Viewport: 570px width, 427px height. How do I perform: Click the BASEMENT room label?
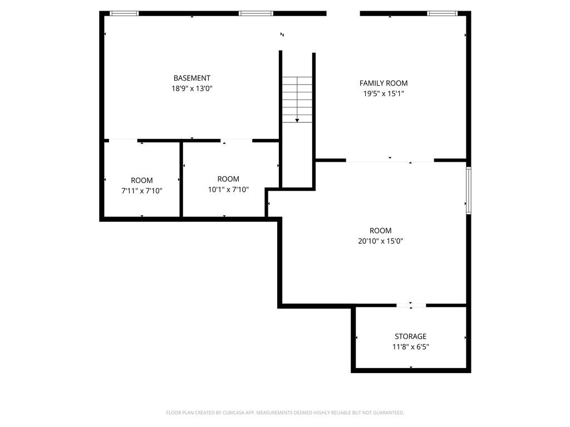coord(191,78)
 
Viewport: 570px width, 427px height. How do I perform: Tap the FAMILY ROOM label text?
coord(384,83)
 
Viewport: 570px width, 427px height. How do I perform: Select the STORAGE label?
coord(411,336)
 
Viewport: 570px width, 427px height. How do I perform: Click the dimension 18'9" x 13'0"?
coord(191,88)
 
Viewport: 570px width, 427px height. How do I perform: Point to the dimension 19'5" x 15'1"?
coord(384,94)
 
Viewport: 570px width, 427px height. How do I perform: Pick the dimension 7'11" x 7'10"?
coord(142,191)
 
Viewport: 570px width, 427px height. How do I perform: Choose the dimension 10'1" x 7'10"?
coord(228,189)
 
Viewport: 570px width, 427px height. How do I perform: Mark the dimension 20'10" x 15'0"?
coord(381,241)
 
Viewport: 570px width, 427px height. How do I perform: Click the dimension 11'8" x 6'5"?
coord(411,347)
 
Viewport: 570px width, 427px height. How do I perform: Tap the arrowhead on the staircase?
coord(297,120)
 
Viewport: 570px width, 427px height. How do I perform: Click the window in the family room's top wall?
coord(442,13)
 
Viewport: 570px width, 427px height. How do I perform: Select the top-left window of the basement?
coord(124,13)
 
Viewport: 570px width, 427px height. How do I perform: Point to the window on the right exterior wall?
coord(469,191)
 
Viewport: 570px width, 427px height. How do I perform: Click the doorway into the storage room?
coord(411,305)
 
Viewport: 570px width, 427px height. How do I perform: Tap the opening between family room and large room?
coord(390,161)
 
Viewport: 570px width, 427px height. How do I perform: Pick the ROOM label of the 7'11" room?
coord(142,181)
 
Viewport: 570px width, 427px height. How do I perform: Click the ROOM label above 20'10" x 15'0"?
coord(381,231)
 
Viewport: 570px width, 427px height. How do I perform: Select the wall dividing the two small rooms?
coord(181,179)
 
